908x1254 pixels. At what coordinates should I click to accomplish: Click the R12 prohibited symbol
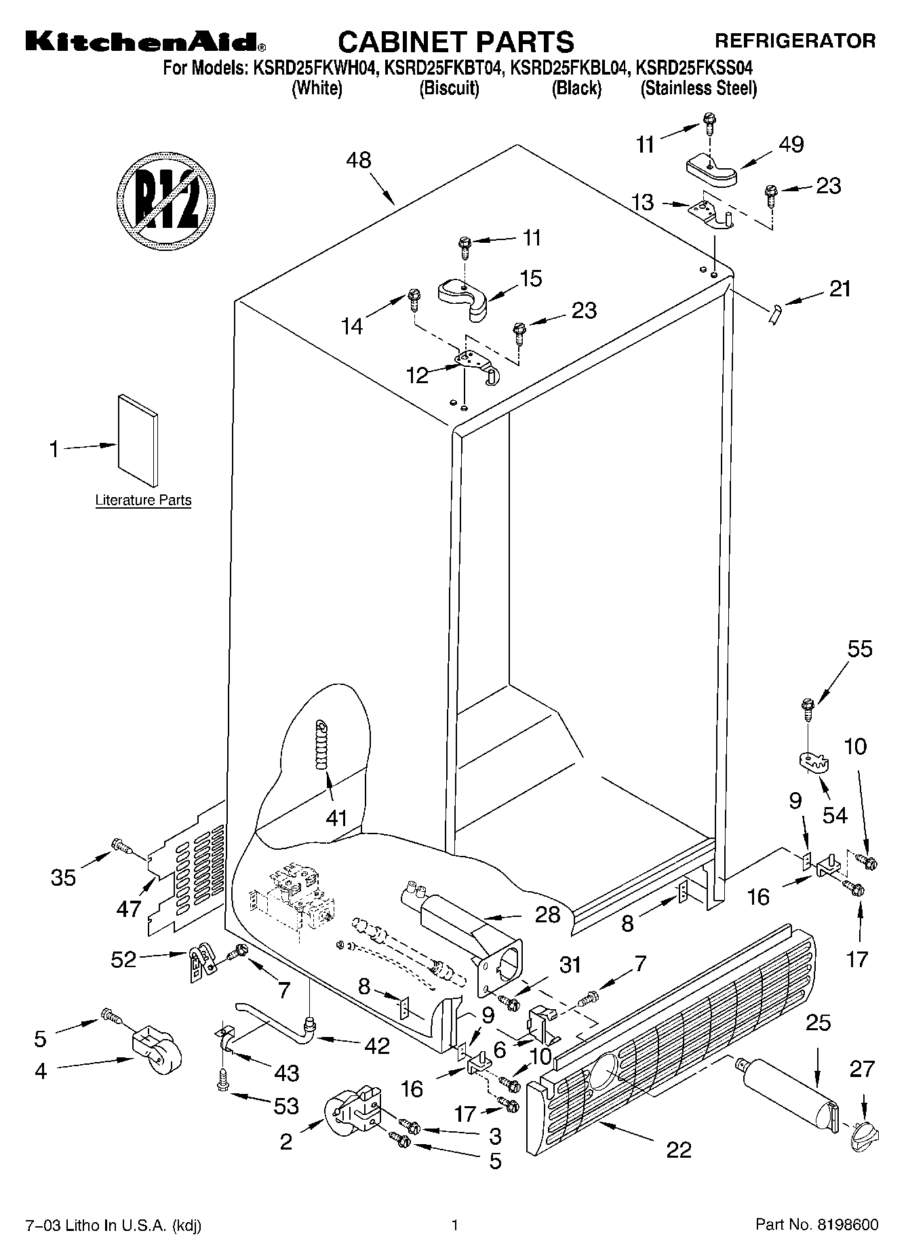click(166, 201)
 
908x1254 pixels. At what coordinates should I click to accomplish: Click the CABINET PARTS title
click(456, 42)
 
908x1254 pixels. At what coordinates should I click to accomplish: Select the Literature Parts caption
click(143, 501)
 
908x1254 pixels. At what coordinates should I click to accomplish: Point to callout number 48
click(359, 161)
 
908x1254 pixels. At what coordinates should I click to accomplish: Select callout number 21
click(840, 289)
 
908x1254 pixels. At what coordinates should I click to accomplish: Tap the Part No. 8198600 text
click(817, 1225)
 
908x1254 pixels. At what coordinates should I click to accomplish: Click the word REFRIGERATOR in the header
click(795, 41)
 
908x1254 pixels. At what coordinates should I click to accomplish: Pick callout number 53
click(286, 1106)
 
